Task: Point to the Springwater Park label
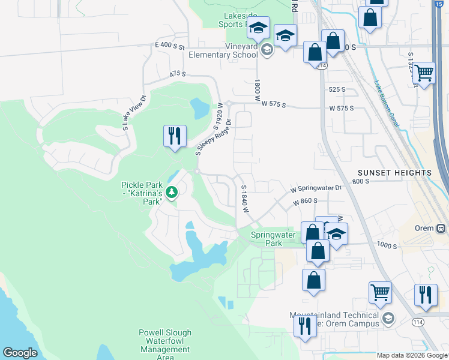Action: pos(274,239)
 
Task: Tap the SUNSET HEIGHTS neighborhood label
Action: pos(395,173)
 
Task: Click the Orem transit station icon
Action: pos(441,228)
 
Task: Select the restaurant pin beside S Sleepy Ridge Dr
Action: pos(175,136)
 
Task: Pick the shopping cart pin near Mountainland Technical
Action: pos(380,293)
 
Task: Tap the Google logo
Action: pos(20,353)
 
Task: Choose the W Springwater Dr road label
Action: pos(317,188)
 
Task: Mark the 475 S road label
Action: pos(178,74)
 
